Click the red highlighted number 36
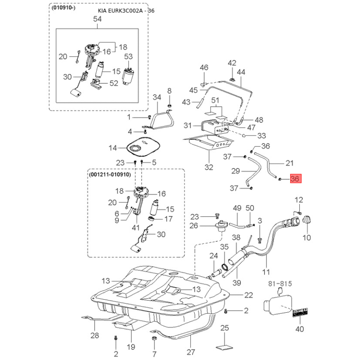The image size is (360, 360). pos(295,179)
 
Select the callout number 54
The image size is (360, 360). pos(97,19)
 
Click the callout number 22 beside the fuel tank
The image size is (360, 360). pos(249,295)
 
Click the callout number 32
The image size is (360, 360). pos(209,167)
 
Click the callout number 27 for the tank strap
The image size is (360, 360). pos(192,352)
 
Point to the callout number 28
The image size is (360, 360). pos(94,335)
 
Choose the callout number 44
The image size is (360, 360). pos(241,72)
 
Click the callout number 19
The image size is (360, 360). pos(131,347)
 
